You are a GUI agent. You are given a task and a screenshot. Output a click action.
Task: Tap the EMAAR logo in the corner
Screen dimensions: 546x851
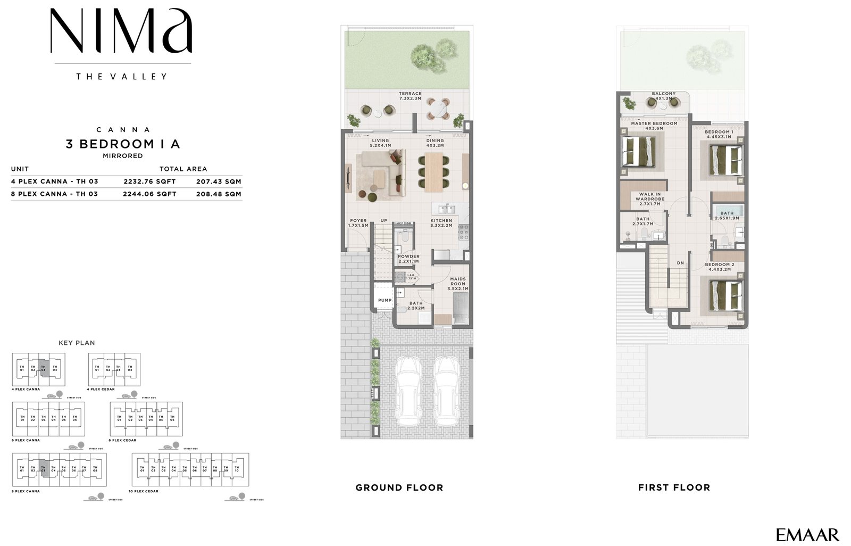click(x=807, y=535)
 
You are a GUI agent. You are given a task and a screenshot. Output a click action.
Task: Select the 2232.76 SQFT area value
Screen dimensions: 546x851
click(x=149, y=181)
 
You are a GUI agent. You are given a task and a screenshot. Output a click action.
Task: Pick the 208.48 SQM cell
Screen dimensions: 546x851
click(x=219, y=194)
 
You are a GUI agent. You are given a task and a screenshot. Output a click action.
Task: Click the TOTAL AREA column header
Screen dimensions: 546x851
click(x=183, y=169)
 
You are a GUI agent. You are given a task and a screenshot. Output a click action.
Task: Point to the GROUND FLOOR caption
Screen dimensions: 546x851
click(x=399, y=487)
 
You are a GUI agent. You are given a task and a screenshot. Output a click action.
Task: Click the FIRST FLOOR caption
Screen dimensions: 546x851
click(x=674, y=487)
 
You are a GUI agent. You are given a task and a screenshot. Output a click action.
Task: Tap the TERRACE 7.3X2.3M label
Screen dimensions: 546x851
click(x=410, y=96)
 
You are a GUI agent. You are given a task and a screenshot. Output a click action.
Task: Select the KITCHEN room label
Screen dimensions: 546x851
click(x=441, y=222)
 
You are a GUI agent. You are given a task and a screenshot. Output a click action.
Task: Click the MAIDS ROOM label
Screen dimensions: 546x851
click(x=458, y=284)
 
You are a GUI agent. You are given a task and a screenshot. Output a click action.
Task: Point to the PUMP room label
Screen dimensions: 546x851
click(x=385, y=300)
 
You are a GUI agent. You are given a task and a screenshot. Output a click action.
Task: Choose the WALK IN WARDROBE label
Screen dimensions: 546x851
click(x=650, y=199)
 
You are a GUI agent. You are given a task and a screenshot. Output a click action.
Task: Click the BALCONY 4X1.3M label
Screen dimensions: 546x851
click(x=664, y=96)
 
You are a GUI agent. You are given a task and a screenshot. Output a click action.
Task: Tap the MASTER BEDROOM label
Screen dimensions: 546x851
click(x=654, y=126)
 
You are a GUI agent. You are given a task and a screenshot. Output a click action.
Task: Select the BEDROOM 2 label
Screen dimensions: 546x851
click(x=719, y=267)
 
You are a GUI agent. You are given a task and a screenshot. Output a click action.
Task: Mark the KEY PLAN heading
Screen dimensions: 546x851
click(x=77, y=343)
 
